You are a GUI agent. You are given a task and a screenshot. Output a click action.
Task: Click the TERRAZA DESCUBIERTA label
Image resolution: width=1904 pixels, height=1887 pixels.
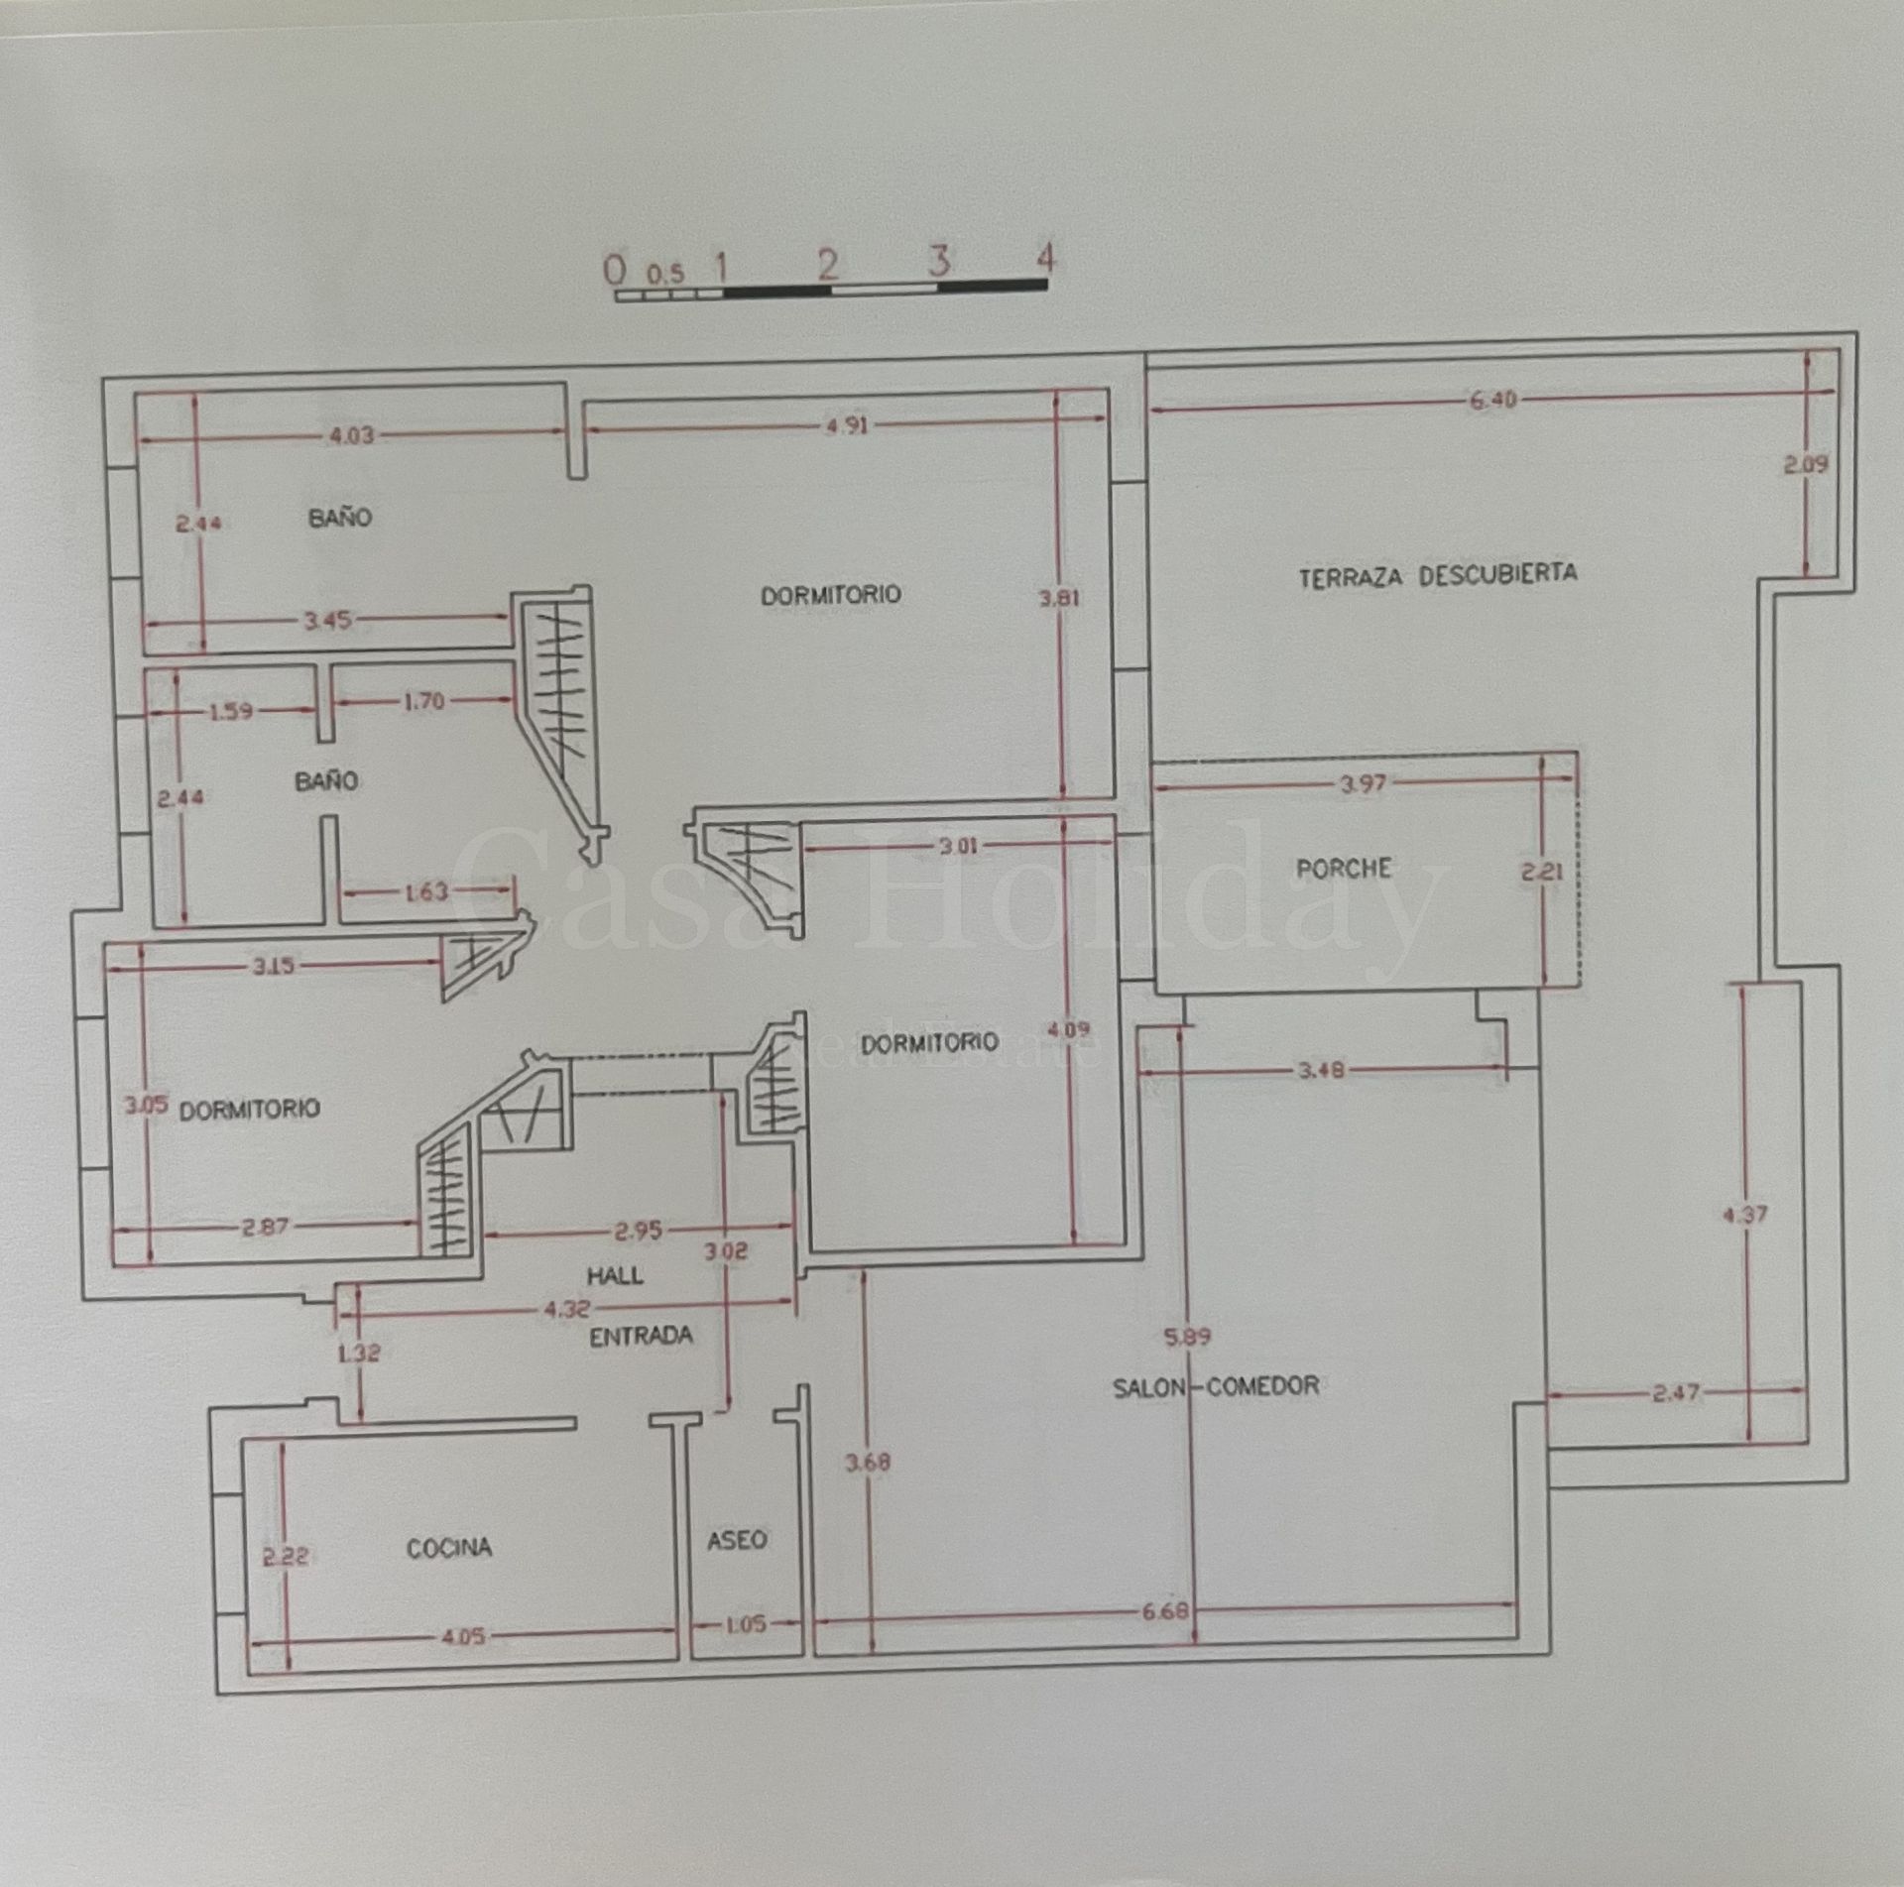click(x=1438, y=575)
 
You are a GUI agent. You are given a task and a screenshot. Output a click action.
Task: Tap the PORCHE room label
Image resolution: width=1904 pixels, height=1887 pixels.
click(x=1344, y=869)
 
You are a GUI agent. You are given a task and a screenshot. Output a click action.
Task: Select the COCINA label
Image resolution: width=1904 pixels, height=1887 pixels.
click(x=449, y=1548)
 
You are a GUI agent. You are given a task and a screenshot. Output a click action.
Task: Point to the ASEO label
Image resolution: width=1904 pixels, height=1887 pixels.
click(x=737, y=1540)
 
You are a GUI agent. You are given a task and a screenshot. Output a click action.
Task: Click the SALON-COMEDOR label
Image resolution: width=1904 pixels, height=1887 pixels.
click(x=1216, y=1386)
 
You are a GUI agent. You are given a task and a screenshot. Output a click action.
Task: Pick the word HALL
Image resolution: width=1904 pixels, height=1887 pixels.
click(x=615, y=1275)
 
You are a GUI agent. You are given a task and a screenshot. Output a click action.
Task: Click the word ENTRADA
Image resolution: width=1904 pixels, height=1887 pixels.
click(x=641, y=1337)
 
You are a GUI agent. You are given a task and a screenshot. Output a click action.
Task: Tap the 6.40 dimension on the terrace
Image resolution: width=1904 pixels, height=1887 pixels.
click(x=1492, y=401)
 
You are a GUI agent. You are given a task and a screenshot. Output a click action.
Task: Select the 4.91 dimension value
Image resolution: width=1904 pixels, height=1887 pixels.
click(x=846, y=425)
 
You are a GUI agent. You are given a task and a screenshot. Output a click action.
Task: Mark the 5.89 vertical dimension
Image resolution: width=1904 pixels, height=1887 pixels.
click(x=1188, y=1338)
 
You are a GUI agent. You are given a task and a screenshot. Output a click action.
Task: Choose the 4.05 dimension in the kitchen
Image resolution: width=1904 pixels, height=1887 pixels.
click(x=462, y=1637)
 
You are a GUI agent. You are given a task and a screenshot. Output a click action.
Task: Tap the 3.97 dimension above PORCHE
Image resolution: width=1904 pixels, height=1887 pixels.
click(x=1363, y=784)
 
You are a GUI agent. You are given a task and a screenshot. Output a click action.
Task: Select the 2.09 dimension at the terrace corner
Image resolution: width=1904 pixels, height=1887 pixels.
click(x=1806, y=464)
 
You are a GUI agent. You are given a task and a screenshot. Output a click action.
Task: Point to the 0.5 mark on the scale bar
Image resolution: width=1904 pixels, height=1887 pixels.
click(x=665, y=272)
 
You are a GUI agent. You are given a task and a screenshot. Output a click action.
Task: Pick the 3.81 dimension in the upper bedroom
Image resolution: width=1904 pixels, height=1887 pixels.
click(x=1059, y=598)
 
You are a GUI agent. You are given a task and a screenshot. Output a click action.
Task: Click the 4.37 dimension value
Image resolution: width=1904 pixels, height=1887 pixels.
click(x=1745, y=1214)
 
